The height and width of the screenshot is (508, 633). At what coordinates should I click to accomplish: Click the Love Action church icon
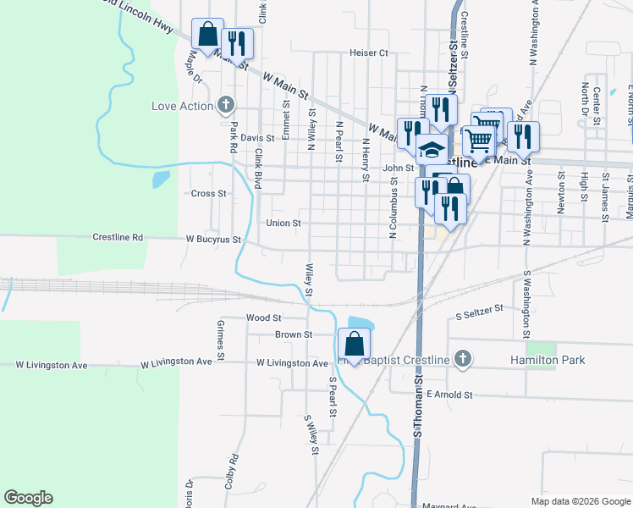(x=225, y=106)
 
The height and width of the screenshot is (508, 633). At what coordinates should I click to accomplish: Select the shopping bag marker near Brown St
(x=354, y=345)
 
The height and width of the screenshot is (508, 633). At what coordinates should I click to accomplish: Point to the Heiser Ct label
(x=368, y=52)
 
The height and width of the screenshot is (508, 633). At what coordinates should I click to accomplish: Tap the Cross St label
(x=209, y=194)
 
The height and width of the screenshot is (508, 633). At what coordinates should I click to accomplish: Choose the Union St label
(x=283, y=224)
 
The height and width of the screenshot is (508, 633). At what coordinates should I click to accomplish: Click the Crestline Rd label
(x=118, y=238)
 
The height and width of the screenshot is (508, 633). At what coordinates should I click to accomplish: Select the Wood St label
(x=263, y=318)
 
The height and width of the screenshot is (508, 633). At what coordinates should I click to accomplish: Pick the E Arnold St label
(x=448, y=395)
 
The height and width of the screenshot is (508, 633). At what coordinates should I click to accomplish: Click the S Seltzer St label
(x=479, y=316)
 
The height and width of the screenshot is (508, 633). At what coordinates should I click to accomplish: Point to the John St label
(x=397, y=168)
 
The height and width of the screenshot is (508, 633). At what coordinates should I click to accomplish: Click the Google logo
(x=28, y=498)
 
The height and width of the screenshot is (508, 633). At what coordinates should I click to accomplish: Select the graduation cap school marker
(x=432, y=150)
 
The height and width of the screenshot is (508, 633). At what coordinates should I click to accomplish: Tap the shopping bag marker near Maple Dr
(x=207, y=35)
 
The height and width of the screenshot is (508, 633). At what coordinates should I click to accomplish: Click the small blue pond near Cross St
(x=160, y=179)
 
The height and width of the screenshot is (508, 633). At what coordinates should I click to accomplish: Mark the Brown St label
(x=294, y=335)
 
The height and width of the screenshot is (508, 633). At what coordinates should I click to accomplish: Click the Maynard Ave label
(x=452, y=505)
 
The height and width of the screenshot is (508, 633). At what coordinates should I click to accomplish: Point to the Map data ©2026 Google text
(x=580, y=501)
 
